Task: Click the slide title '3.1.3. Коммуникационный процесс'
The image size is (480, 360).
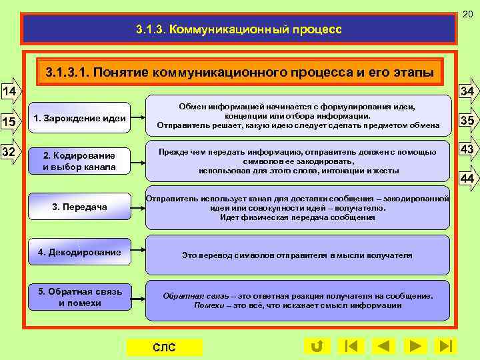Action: click(x=239, y=29)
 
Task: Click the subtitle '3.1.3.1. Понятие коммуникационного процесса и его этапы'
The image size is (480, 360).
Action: click(x=239, y=72)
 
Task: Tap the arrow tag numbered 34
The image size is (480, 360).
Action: click(x=467, y=91)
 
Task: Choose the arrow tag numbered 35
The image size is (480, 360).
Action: click(x=467, y=121)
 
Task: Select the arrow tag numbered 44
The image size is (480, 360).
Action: click(x=467, y=178)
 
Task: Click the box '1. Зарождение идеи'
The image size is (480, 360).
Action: click(x=79, y=119)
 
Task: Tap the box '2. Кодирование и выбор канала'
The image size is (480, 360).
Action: click(x=79, y=161)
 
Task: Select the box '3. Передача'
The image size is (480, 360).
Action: click(x=79, y=207)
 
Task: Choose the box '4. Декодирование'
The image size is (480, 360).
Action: click(x=79, y=253)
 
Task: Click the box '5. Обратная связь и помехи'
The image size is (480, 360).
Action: click(x=79, y=297)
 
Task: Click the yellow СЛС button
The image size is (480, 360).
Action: click(x=164, y=347)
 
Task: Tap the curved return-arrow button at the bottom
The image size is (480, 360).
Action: click(x=317, y=346)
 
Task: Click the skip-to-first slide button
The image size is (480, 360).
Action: click(x=351, y=346)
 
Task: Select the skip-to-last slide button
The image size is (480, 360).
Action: click(x=445, y=346)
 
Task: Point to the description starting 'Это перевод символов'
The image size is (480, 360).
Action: click(x=297, y=255)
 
